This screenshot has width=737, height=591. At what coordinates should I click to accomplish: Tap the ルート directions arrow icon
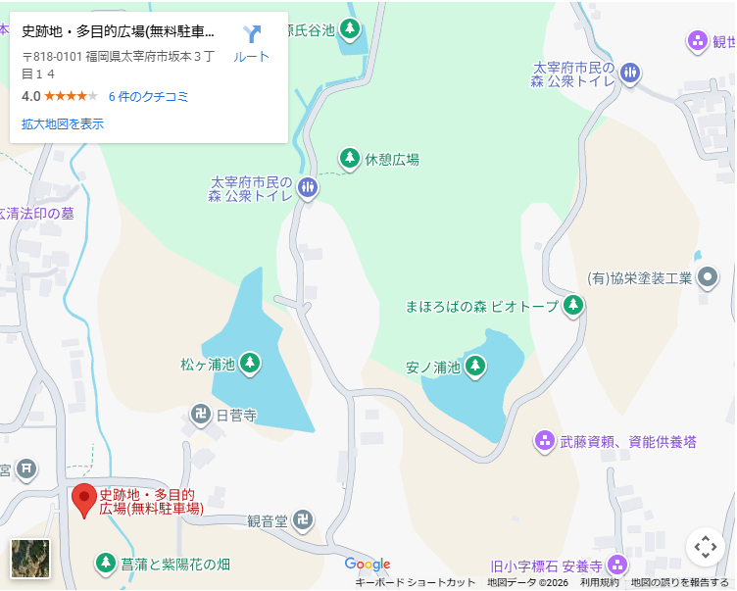[252, 35]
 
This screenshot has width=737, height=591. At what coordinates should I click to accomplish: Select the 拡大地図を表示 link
[63, 124]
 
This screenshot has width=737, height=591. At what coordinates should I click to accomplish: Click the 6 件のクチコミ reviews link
[148, 96]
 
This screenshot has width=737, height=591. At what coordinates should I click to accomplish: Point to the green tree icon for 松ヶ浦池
[250, 364]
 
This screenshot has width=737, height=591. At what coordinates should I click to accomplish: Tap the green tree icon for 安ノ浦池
[475, 367]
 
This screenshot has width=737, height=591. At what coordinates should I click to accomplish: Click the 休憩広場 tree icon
[350, 158]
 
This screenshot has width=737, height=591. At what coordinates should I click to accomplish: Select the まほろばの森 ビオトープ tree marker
[574, 305]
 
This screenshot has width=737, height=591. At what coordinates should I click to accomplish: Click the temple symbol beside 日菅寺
[201, 415]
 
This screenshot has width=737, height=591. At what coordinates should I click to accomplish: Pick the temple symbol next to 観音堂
[305, 520]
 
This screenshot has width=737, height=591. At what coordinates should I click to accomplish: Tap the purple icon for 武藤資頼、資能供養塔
[545, 441]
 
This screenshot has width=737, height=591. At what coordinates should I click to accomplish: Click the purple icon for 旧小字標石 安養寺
[617, 565]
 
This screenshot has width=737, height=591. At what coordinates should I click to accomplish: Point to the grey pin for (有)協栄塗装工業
[708, 277]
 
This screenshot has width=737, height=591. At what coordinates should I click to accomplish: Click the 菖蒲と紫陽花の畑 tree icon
[105, 564]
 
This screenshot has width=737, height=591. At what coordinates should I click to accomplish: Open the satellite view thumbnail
[29, 560]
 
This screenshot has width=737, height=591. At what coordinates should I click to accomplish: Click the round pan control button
[706, 547]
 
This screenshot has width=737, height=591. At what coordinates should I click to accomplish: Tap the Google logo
[368, 565]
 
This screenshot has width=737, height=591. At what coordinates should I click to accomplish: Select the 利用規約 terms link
[600, 583]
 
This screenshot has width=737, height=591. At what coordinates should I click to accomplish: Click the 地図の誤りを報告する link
[679, 583]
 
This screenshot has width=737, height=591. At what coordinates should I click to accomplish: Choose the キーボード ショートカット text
[415, 583]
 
